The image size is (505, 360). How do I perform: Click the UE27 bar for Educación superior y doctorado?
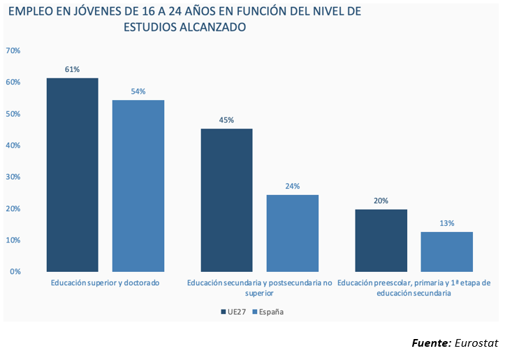[x=72, y=175]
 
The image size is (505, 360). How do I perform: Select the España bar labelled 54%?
[x=138, y=185]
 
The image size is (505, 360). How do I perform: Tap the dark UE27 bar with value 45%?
[x=226, y=200]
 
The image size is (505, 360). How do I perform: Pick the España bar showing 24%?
[x=292, y=233]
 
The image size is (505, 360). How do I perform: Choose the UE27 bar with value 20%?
[x=381, y=240]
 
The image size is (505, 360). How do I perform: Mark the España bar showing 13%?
[x=447, y=251]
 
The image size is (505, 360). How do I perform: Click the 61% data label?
[x=72, y=69]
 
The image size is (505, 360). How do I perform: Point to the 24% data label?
[x=292, y=186]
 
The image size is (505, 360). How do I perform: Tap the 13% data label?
[x=447, y=223]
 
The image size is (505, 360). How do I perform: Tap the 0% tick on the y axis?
[x=15, y=271]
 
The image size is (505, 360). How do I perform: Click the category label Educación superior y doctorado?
[x=105, y=283]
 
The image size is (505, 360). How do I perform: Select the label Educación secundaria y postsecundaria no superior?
[x=259, y=288]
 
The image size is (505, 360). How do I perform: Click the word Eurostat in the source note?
[x=476, y=343]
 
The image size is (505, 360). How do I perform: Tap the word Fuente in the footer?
[x=430, y=343]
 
